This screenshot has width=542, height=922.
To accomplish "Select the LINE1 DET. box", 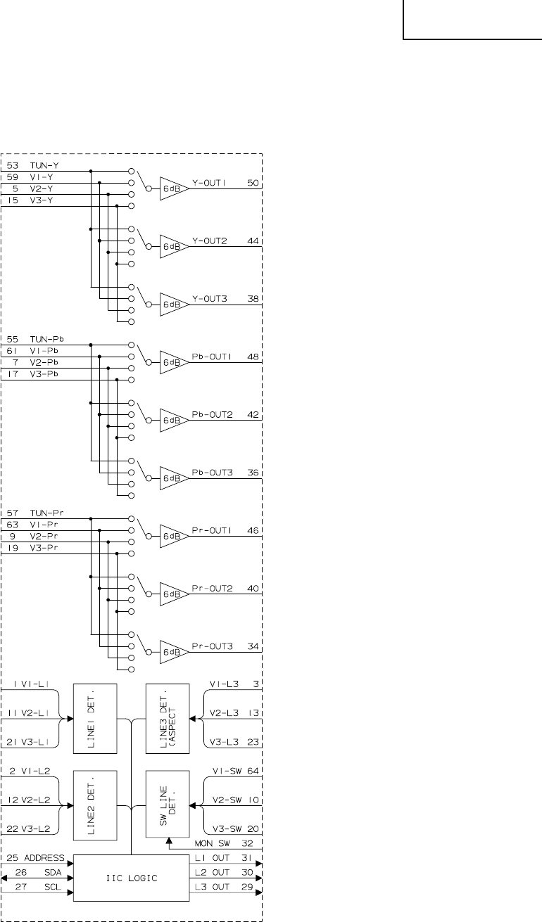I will coord(94,718).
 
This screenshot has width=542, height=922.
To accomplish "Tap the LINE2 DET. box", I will coord(94,805).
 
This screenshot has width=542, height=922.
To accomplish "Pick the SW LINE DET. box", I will coord(167,803).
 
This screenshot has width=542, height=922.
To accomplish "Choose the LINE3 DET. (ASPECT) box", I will coord(167,717).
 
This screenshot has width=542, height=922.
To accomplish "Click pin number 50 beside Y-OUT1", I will coord(253,183).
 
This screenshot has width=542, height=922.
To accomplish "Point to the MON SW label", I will coord(209,843).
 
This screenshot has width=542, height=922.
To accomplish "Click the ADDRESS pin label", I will coord(47,859).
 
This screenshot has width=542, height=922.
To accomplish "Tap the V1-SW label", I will coord(228,771).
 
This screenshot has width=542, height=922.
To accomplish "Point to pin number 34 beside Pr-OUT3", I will coord(253,646).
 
